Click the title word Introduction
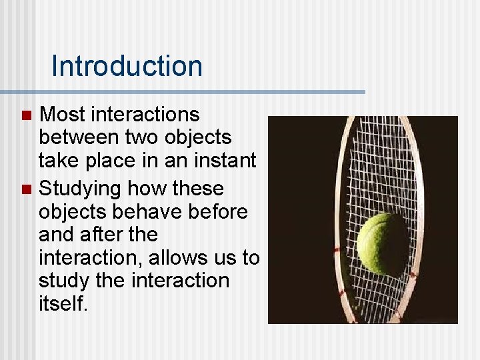[x=126, y=66]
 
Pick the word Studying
[x=80, y=189]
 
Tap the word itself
[x=63, y=303]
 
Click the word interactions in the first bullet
[x=145, y=115]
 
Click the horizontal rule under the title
[x=183, y=91]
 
